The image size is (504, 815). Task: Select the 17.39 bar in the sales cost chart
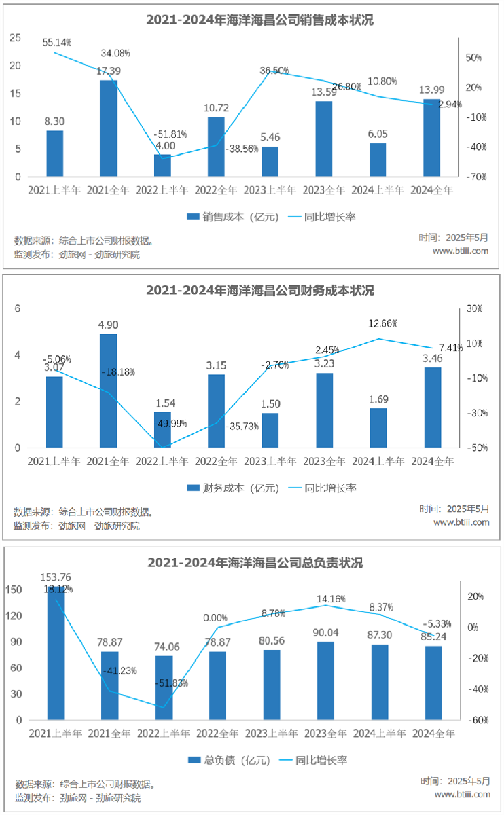click(x=109, y=128)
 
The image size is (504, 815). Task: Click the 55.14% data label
click(x=56, y=41)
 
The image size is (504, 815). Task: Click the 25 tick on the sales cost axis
click(x=15, y=38)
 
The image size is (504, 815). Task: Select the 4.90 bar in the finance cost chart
click(x=109, y=391)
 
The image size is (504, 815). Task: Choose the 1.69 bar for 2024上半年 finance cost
click(x=378, y=428)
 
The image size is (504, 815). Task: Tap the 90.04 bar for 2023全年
click(x=325, y=681)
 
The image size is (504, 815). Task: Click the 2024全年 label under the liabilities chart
click(x=433, y=733)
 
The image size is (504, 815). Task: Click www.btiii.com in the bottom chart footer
click(x=462, y=794)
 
